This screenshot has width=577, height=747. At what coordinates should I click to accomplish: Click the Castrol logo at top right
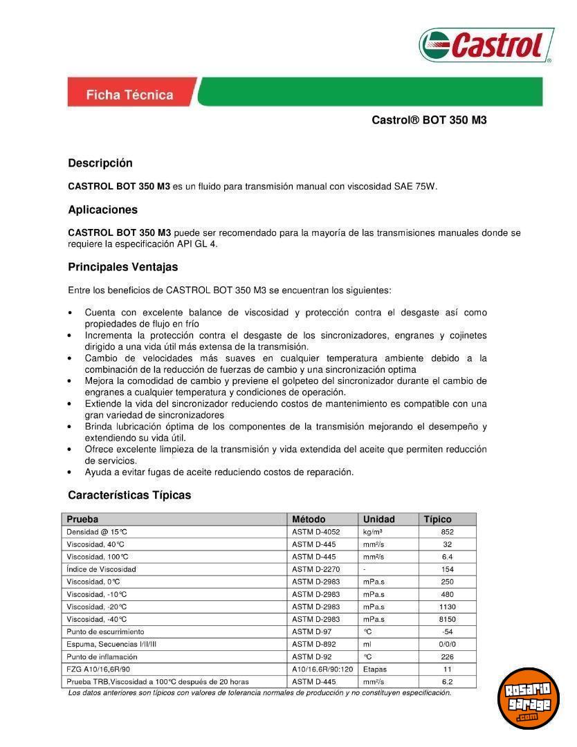click(486, 45)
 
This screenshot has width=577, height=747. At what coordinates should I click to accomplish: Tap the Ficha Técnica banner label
click(129, 95)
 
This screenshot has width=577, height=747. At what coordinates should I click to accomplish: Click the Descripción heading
click(100, 163)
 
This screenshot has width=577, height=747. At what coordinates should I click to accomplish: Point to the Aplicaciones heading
click(102, 210)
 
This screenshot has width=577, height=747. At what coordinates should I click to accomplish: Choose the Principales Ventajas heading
click(122, 267)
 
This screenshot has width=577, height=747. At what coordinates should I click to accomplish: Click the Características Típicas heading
click(129, 495)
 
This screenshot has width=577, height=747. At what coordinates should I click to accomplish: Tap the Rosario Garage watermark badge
click(529, 699)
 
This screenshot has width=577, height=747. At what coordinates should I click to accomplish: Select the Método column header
click(309, 519)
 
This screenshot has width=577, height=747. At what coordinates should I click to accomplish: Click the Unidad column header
click(378, 519)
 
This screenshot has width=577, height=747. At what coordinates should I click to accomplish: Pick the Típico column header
click(437, 519)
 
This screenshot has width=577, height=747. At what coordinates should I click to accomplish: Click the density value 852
click(448, 532)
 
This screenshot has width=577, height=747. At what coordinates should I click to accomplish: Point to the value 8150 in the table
click(448, 619)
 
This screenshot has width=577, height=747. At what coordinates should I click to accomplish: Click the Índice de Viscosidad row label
click(101, 569)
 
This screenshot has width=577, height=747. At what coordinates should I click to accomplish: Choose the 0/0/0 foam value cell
click(448, 644)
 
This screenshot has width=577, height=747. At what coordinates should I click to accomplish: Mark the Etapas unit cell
click(374, 669)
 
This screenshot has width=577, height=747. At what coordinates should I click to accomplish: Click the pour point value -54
click(448, 631)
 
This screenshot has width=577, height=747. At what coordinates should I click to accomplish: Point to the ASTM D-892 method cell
click(314, 644)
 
